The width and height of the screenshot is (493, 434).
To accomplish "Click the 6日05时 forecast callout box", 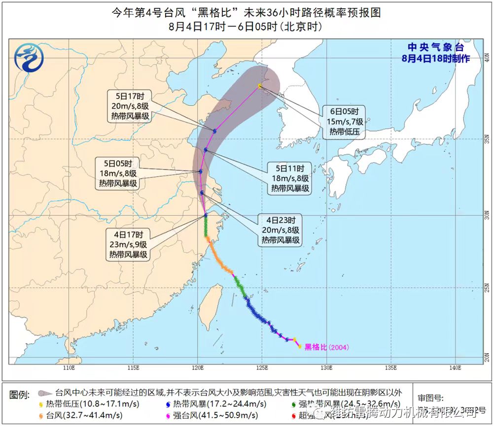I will (x=345, y=121).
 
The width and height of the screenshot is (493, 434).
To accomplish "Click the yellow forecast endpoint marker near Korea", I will (x=260, y=86).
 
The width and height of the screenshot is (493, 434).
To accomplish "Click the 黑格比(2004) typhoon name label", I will (x=327, y=347).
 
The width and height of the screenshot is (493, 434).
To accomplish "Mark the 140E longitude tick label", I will (x=455, y=368).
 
